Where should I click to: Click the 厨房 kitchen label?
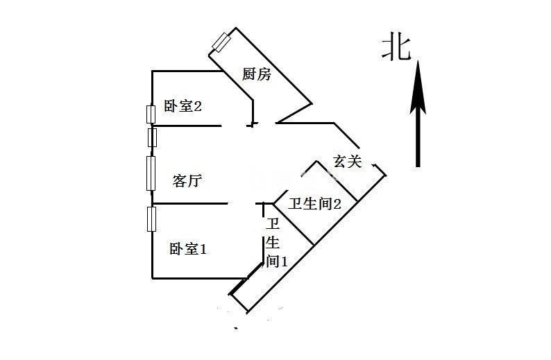point(257,74)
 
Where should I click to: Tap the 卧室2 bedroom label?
point(183,106)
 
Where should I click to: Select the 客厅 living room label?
point(187,182)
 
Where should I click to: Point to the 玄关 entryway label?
point(348,162)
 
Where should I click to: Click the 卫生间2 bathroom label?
point(315,204)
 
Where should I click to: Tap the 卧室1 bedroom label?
point(188,248)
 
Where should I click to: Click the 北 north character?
point(396,48)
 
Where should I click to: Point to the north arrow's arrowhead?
point(418,87)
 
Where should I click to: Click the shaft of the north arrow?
point(418,139)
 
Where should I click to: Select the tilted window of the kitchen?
point(222,42)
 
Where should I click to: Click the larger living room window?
point(151,173)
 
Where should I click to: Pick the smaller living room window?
point(153,137)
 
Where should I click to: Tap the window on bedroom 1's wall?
point(151,218)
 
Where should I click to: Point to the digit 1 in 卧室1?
point(203,248)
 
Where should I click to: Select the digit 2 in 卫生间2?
point(337,204)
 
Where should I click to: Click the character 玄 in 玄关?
point(340,162)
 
